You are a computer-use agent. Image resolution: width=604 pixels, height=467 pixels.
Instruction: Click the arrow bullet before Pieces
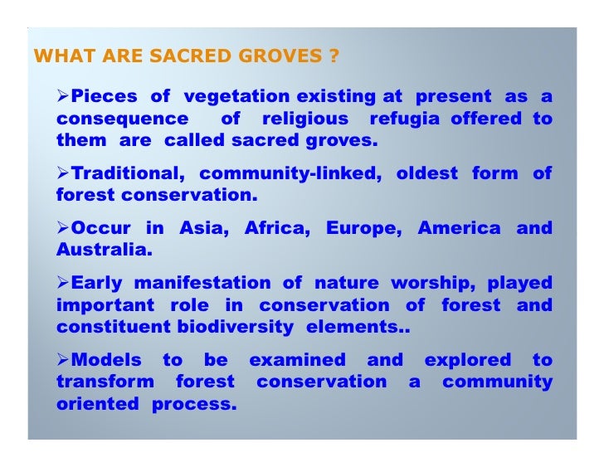tap(63, 98)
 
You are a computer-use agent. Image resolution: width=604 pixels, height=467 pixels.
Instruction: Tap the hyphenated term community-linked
tap(286, 174)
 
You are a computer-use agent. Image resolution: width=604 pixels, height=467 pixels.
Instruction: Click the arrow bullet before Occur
tap(63, 228)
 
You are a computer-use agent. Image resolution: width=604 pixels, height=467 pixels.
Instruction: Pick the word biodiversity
tap(235, 326)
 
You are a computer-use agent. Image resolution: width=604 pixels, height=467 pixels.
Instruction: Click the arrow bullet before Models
tap(63, 361)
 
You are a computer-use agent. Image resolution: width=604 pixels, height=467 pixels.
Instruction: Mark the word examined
tap(297, 361)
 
